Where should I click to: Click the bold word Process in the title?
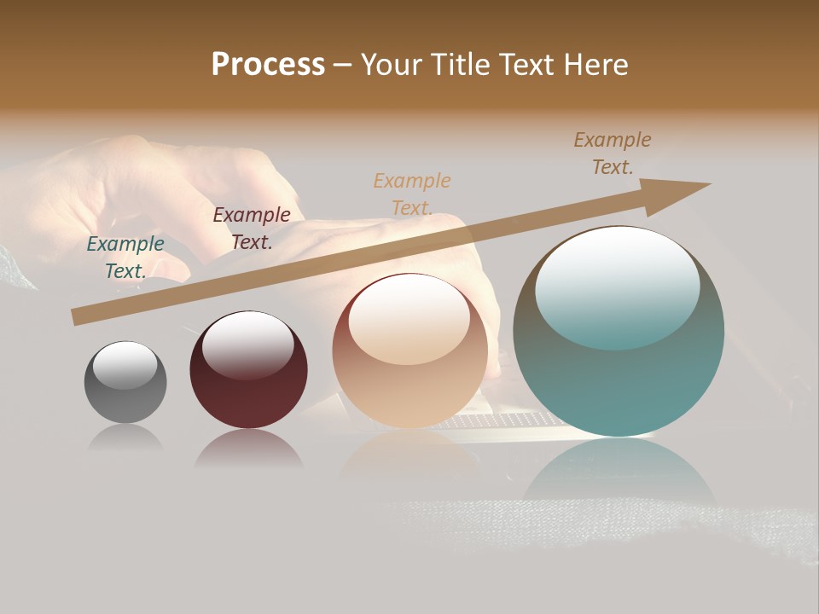(x=268, y=65)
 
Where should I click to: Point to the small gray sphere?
(x=125, y=383)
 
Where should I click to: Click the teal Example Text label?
(x=125, y=257)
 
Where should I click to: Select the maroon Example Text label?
(x=252, y=228)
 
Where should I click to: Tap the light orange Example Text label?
(x=412, y=194)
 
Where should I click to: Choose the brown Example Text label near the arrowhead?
(x=613, y=153)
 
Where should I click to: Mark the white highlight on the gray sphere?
(x=125, y=365)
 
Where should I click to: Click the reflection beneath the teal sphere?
(x=619, y=469)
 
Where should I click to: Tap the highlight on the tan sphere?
(x=409, y=317)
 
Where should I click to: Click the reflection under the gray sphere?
(x=125, y=437)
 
